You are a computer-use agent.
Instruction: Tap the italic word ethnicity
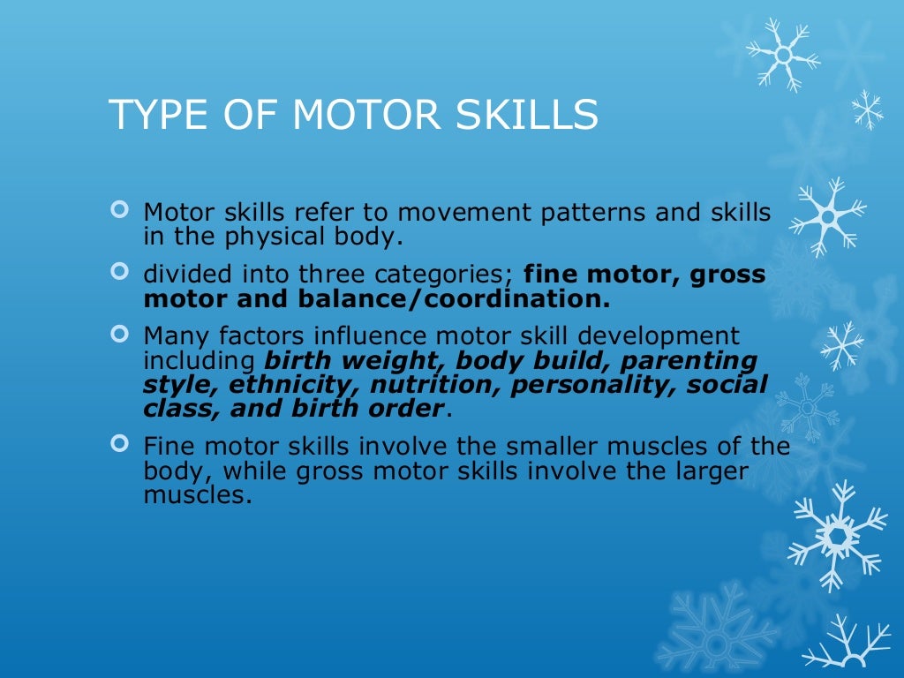[294, 384]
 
